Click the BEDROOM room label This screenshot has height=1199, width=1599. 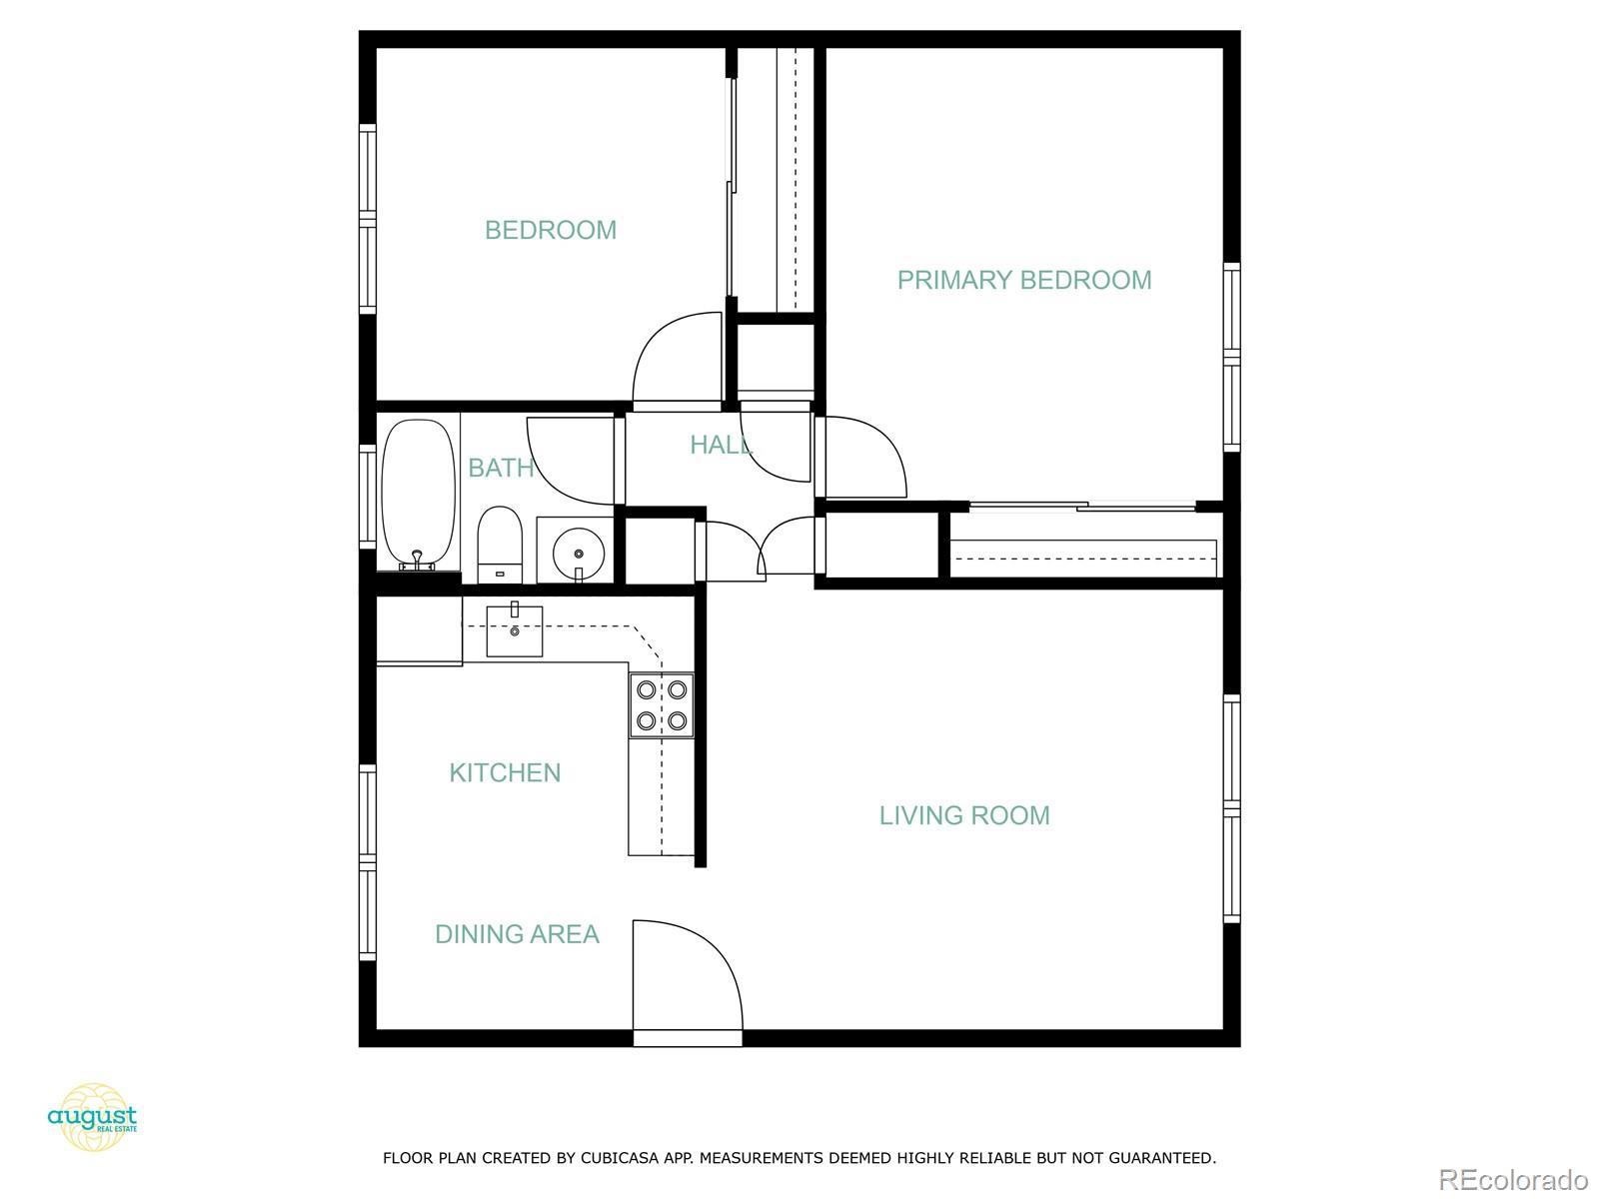pyautogui.click(x=551, y=230)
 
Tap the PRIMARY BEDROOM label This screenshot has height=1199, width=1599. pyautogui.click(x=1023, y=280)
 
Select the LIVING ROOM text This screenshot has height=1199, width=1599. pyautogui.click(x=963, y=815)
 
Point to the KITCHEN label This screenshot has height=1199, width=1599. pyautogui.click(x=505, y=772)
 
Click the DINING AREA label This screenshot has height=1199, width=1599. pyautogui.click(x=517, y=934)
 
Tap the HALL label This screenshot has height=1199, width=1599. pyautogui.click(x=720, y=445)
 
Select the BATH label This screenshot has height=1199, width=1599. pyautogui.click(x=500, y=467)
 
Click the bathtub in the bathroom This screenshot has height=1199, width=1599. pyautogui.click(x=418, y=495)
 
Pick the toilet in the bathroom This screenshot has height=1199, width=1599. pyautogui.click(x=499, y=545)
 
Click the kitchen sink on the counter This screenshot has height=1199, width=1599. pyautogui.click(x=514, y=630)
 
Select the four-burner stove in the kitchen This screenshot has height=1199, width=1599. pyautogui.click(x=661, y=704)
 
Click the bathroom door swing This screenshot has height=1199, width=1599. pyautogui.click(x=570, y=460)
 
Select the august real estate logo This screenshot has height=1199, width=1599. pyautogui.click(x=92, y=1116)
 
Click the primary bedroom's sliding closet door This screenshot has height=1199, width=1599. pyautogui.click(x=1084, y=508)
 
